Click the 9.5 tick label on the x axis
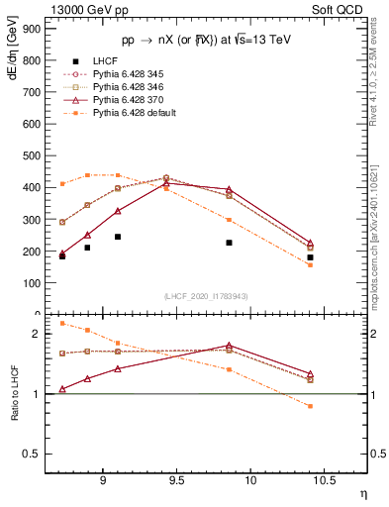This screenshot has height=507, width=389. tap(176, 481)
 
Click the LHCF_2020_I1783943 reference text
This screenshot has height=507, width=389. tap(206, 296)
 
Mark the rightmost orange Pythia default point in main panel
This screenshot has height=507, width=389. tap(310, 264)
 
